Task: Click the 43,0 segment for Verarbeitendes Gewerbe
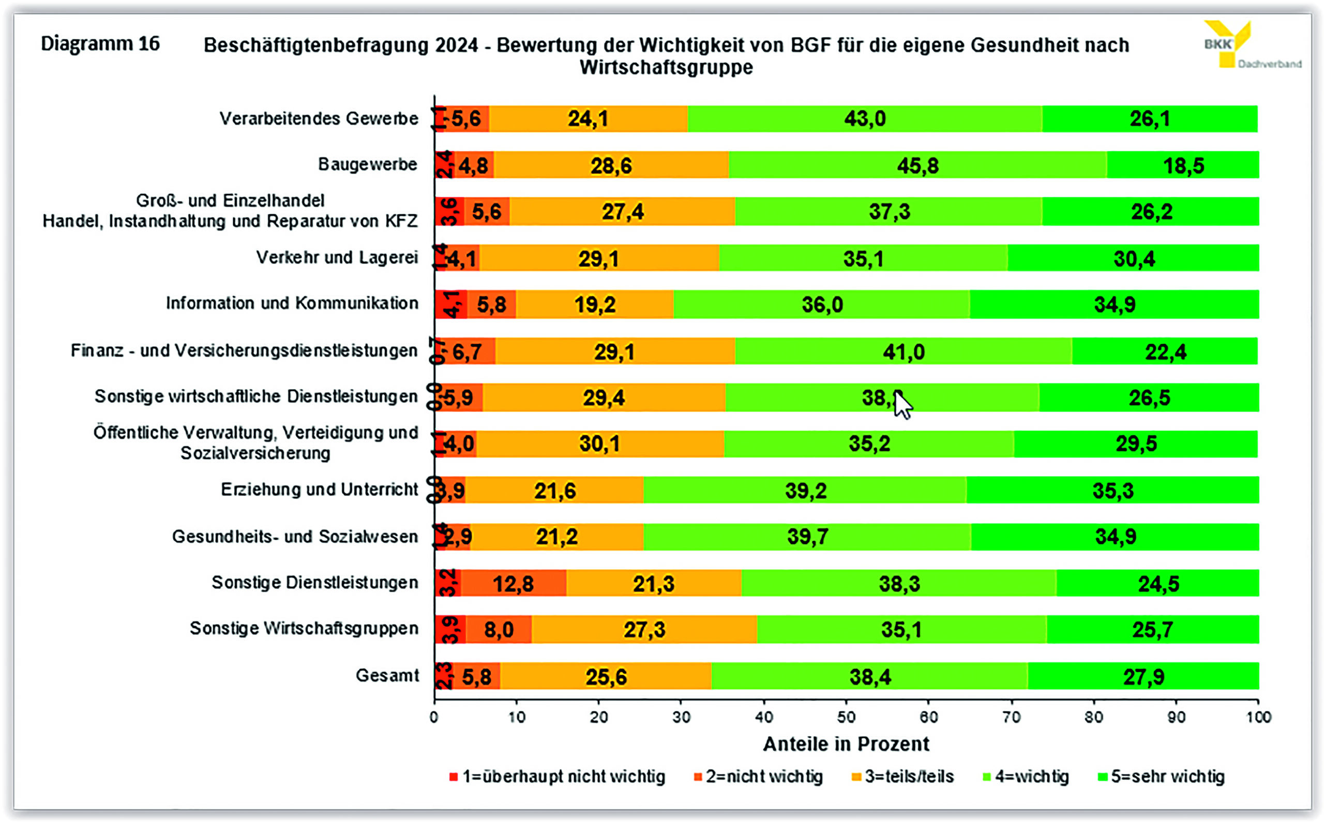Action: coord(865,118)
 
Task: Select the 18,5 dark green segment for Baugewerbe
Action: coord(1183,165)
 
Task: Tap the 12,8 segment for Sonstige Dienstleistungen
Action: coord(513,584)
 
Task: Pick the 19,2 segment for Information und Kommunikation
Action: coord(595,305)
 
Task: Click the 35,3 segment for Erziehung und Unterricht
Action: coord(1112,491)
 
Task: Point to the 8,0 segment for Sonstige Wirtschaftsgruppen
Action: coord(499,630)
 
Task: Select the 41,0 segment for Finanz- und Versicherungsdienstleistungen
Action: coord(903,352)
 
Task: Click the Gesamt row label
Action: coord(387,676)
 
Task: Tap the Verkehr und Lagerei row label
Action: coord(337,257)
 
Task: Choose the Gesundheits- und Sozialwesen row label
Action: coord(295,537)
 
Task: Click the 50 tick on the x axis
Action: coord(846,718)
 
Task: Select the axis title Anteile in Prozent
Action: coord(846,744)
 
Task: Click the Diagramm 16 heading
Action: coord(100,43)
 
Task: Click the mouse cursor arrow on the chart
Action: coord(902,405)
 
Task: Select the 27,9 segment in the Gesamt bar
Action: coord(1144,677)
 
